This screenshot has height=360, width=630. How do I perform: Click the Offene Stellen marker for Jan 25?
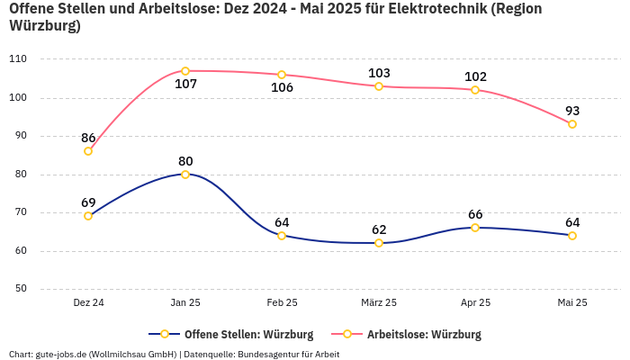[x=185, y=175]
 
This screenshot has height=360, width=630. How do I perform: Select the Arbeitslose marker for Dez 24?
[x=88, y=151]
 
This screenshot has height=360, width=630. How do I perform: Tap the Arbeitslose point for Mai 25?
[x=572, y=124]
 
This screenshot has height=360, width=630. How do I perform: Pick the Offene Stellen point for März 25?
[x=379, y=243]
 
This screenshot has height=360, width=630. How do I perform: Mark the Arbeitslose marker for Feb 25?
[x=282, y=75]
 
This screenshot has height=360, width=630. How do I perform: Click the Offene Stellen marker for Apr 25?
[x=475, y=228]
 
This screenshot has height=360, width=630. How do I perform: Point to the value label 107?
[x=185, y=85]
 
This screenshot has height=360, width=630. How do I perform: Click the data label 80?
[x=185, y=161]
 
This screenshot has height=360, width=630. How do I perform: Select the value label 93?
[x=572, y=111]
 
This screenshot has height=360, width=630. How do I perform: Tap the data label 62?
[x=379, y=229]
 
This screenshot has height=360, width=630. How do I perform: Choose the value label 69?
[x=88, y=202]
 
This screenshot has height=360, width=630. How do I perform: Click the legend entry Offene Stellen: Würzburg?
[x=237, y=335]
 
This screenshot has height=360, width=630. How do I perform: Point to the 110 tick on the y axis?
[x=18, y=58]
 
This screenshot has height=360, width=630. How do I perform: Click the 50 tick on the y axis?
[x=20, y=289]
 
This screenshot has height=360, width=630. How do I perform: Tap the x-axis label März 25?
[x=379, y=303]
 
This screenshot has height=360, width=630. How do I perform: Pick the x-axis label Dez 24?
[x=88, y=303]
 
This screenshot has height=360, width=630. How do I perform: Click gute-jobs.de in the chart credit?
[x=64, y=354]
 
